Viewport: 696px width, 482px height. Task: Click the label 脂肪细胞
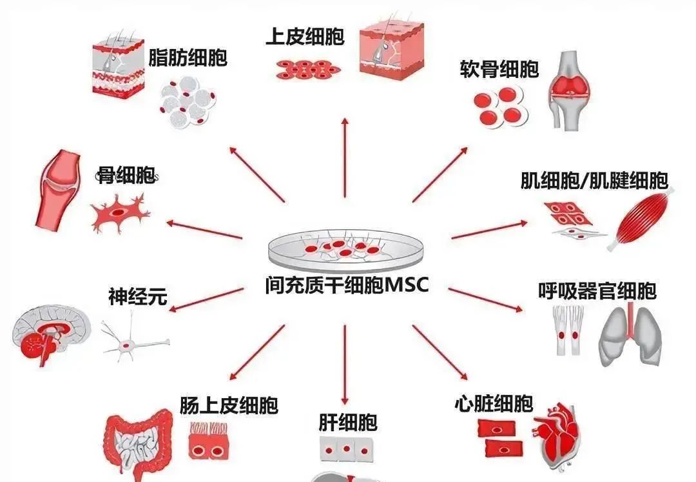[188, 57]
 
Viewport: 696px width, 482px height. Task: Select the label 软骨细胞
[499, 69]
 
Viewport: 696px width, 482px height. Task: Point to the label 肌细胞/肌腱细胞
[594, 180]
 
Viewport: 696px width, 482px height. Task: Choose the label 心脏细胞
[494, 404]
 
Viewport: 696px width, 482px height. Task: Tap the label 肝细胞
[347, 423]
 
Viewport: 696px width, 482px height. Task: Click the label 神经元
[137, 297]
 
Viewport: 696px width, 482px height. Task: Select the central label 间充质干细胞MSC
[346, 285]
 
